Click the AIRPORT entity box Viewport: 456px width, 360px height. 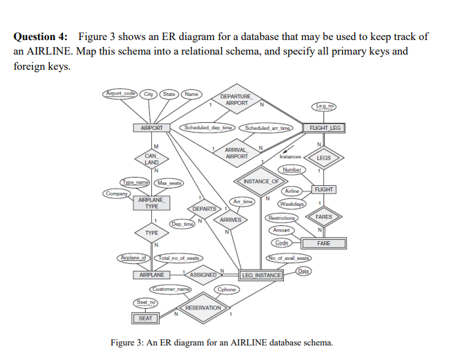point(151,128)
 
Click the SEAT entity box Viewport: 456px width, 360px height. point(145,318)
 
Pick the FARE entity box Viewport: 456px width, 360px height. point(323,243)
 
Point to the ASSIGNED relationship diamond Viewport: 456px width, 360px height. point(203,274)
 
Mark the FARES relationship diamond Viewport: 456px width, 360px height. point(324,216)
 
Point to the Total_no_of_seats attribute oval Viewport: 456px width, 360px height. point(180,258)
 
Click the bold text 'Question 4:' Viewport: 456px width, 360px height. point(43,36)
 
